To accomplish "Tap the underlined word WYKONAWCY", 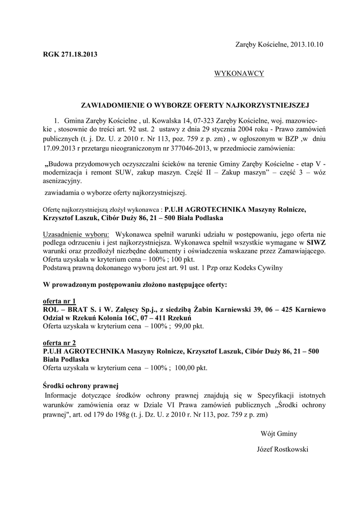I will (x=239, y=74).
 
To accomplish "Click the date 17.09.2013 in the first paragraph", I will (x=59, y=148).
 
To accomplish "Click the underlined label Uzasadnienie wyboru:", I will (x=76, y=234).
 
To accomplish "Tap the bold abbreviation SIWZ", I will (x=316, y=243).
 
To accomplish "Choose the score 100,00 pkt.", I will (x=190, y=368).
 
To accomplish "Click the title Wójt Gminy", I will (x=279, y=433).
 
